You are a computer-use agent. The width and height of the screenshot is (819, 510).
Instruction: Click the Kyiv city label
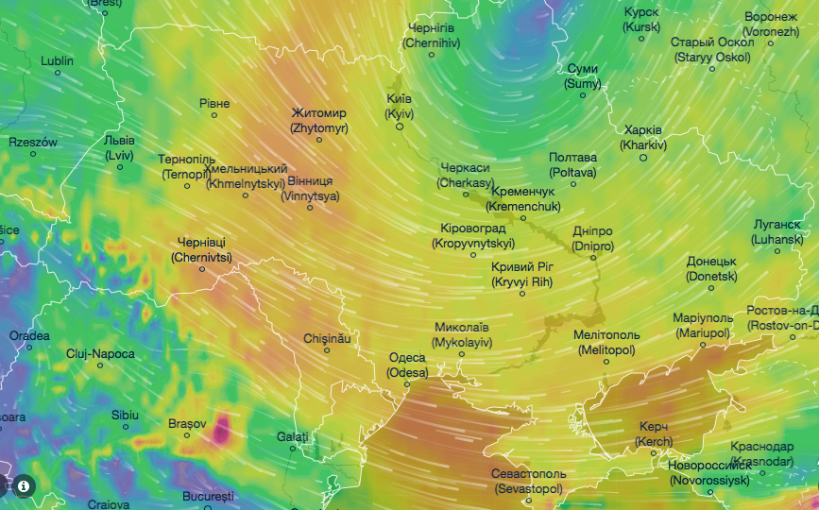pyautogui.click(x=400, y=106)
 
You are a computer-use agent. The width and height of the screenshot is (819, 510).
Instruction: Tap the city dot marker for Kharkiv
pyautogui.click(x=643, y=158)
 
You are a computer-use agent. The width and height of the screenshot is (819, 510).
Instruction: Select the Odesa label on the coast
pyautogui.click(x=407, y=365)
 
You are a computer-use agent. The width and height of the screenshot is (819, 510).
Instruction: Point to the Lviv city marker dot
pyautogui.click(x=120, y=167)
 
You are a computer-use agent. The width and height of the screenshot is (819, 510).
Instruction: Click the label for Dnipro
pyautogui.click(x=592, y=238)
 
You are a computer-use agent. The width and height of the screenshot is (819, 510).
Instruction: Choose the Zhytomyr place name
pyautogui.click(x=319, y=120)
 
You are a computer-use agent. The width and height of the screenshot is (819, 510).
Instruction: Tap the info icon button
pyautogui.click(x=24, y=486)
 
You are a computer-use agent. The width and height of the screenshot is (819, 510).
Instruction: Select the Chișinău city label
pyautogui.click(x=327, y=338)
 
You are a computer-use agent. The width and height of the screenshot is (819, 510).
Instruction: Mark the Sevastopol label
pyautogui.click(x=528, y=481)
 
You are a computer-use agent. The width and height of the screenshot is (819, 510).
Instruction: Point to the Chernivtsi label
pyautogui.click(x=201, y=249)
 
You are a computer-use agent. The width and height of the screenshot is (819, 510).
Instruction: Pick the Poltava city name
pyautogui.click(x=572, y=164)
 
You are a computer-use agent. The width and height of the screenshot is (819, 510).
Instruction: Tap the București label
pyautogui.click(x=208, y=496)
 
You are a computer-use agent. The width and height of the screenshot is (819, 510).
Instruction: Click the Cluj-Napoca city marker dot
pyautogui.click(x=100, y=365)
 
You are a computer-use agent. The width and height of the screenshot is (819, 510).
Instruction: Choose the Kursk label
pyautogui.click(x=641, y=19)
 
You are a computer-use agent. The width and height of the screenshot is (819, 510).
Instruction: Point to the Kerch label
pyautogui.click(x=654, y=434)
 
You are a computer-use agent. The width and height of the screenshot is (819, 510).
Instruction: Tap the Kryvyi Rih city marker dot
pyautogui.click(x=520, y=293)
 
